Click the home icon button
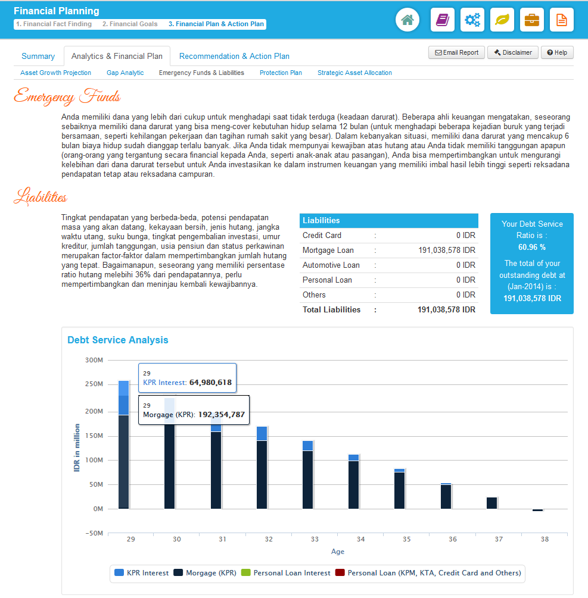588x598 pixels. (x=407, y=20)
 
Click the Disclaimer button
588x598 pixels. (x=513, y=52)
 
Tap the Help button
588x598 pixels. (x=557, y=52)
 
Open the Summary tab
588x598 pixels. (x=38, y=56)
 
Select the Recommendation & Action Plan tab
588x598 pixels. (x=234, y=56)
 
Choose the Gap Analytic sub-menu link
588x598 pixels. (x=125, y=73)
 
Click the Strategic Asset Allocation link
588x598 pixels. (x=354, y=73)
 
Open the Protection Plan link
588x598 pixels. (x=281, y=73)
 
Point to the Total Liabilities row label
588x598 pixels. (x=331, y=309)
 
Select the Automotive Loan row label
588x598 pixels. (x=331, y=265)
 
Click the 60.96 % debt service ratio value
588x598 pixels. (x=531, y=247)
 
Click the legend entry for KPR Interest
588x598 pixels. (x=140, y=573)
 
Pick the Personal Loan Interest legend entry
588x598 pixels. (x=285, y=573)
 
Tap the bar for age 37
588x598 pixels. (x=491, y=503)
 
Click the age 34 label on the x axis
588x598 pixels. (x=360, y=539)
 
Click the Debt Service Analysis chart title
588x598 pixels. (x=118, y=340)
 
